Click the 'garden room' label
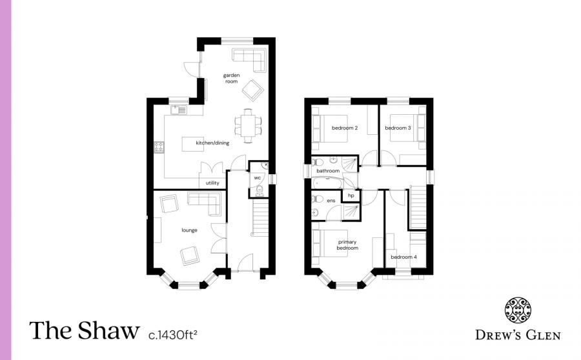pyautogui.click(x=232, y=79)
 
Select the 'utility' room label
pyautogui.click(x=212, y=183)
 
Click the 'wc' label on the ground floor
pyautogui.click(x=257, y=177)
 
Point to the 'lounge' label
pyautogui.click(x=189, y=230)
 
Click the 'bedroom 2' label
pyautogui.click(x=345, y=128)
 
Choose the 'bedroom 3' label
pyautogui.click(x=398, y=128)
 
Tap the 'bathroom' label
pyautogui.click(x=328, y=171)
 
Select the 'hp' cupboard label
pyautogui.click(x=351, y=195)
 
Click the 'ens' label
pyautogui.click(x=331, y=201)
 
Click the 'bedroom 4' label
pyautogui.click(x=403, y=257)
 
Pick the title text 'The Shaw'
pyautogui.click(x=84, y=331)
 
